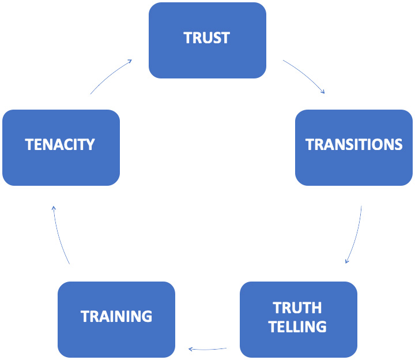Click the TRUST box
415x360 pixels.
tap(207, 40)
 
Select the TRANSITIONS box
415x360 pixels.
tap(354, 148)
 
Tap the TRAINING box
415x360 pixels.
tap(116, 319)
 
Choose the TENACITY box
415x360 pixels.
tap(61, 148)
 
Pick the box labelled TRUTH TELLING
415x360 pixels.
tap(299, 319)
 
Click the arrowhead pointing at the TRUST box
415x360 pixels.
tap(130, 61)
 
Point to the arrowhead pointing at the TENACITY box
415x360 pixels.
tap(53, 208)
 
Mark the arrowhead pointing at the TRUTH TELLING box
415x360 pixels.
tap(347, 261)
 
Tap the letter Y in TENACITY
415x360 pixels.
tap(90, 144)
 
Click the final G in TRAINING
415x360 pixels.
tap(146, 316)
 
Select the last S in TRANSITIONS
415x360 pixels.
tap(397, 144)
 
